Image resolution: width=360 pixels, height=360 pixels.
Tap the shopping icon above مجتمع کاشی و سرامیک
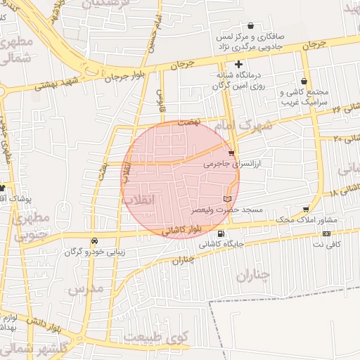click(303, 82)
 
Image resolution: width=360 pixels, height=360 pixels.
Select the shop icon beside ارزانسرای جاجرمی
click(232, 153)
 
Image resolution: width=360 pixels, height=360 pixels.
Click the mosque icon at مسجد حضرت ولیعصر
click(227, 199)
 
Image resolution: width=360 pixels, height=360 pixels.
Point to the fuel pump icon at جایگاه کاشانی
click(222, 234)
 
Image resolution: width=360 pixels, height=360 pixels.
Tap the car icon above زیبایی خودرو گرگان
click(94, 240)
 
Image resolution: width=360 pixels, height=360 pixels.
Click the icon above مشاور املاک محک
click(306, 210)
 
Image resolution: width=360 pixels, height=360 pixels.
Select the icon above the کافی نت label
click(326, 233)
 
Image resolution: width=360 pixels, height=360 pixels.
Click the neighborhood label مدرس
click(86, 288)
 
